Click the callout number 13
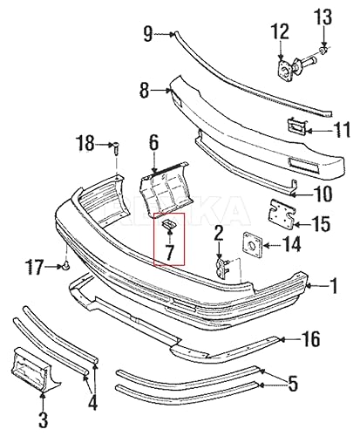pyautogui.click(x=323, y=17)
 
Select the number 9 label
pyautogui.click(x=148, y=34)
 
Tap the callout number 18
pyautogui.click(x=85, y=142)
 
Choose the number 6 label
pyautogui.click(x=153, y=142)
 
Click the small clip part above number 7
pyautogui.click(x=170, y=228)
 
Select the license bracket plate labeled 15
pyautogui.click(x=281, y=214)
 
